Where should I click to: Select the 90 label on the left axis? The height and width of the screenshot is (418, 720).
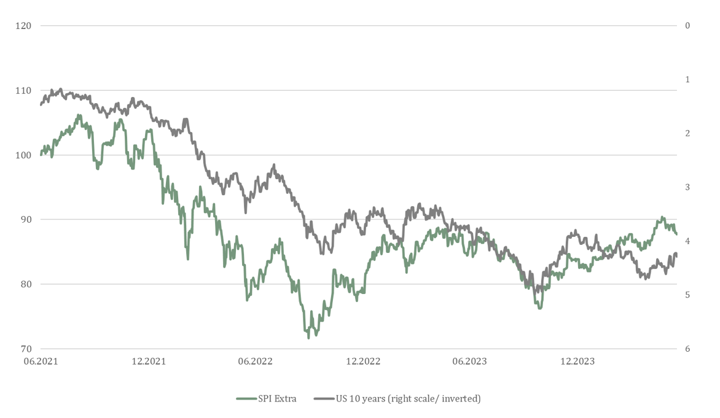25,219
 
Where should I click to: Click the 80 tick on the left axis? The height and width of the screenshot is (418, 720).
25,284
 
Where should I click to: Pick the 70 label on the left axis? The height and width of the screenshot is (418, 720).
25,349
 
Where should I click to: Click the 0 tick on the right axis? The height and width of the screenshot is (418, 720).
687,26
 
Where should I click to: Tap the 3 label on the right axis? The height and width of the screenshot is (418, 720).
687,187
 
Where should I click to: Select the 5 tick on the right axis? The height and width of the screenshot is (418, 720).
687,295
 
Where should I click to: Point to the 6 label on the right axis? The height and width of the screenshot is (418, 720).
687,349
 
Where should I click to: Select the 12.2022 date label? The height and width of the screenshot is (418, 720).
362,361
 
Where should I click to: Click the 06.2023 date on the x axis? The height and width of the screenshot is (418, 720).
469,361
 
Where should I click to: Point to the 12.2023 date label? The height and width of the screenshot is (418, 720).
577,361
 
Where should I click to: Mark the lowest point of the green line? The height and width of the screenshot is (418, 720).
308,338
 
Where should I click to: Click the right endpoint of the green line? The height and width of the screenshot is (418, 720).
676,234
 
